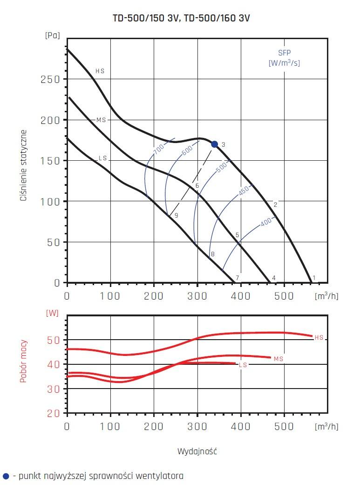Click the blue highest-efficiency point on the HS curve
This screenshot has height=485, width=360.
point(214,144)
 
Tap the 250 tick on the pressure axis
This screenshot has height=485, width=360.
point(50,79)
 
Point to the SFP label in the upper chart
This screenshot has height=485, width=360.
point(284,53)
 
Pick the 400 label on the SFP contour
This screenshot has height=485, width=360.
point(266,222)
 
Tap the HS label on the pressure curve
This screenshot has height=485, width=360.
point(100,71)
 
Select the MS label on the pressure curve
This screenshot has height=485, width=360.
point(101,120)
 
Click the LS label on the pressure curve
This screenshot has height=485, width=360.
point(103,158)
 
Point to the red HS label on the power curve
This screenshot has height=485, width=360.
point(319,337)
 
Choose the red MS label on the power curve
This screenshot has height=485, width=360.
point(278,359)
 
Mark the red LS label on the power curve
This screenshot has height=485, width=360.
point(243,365)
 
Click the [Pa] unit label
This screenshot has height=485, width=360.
point(53,36)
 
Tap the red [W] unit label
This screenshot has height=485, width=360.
point(53,313)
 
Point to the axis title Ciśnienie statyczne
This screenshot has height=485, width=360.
point(24,165)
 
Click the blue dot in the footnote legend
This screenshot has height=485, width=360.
point(6,476)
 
